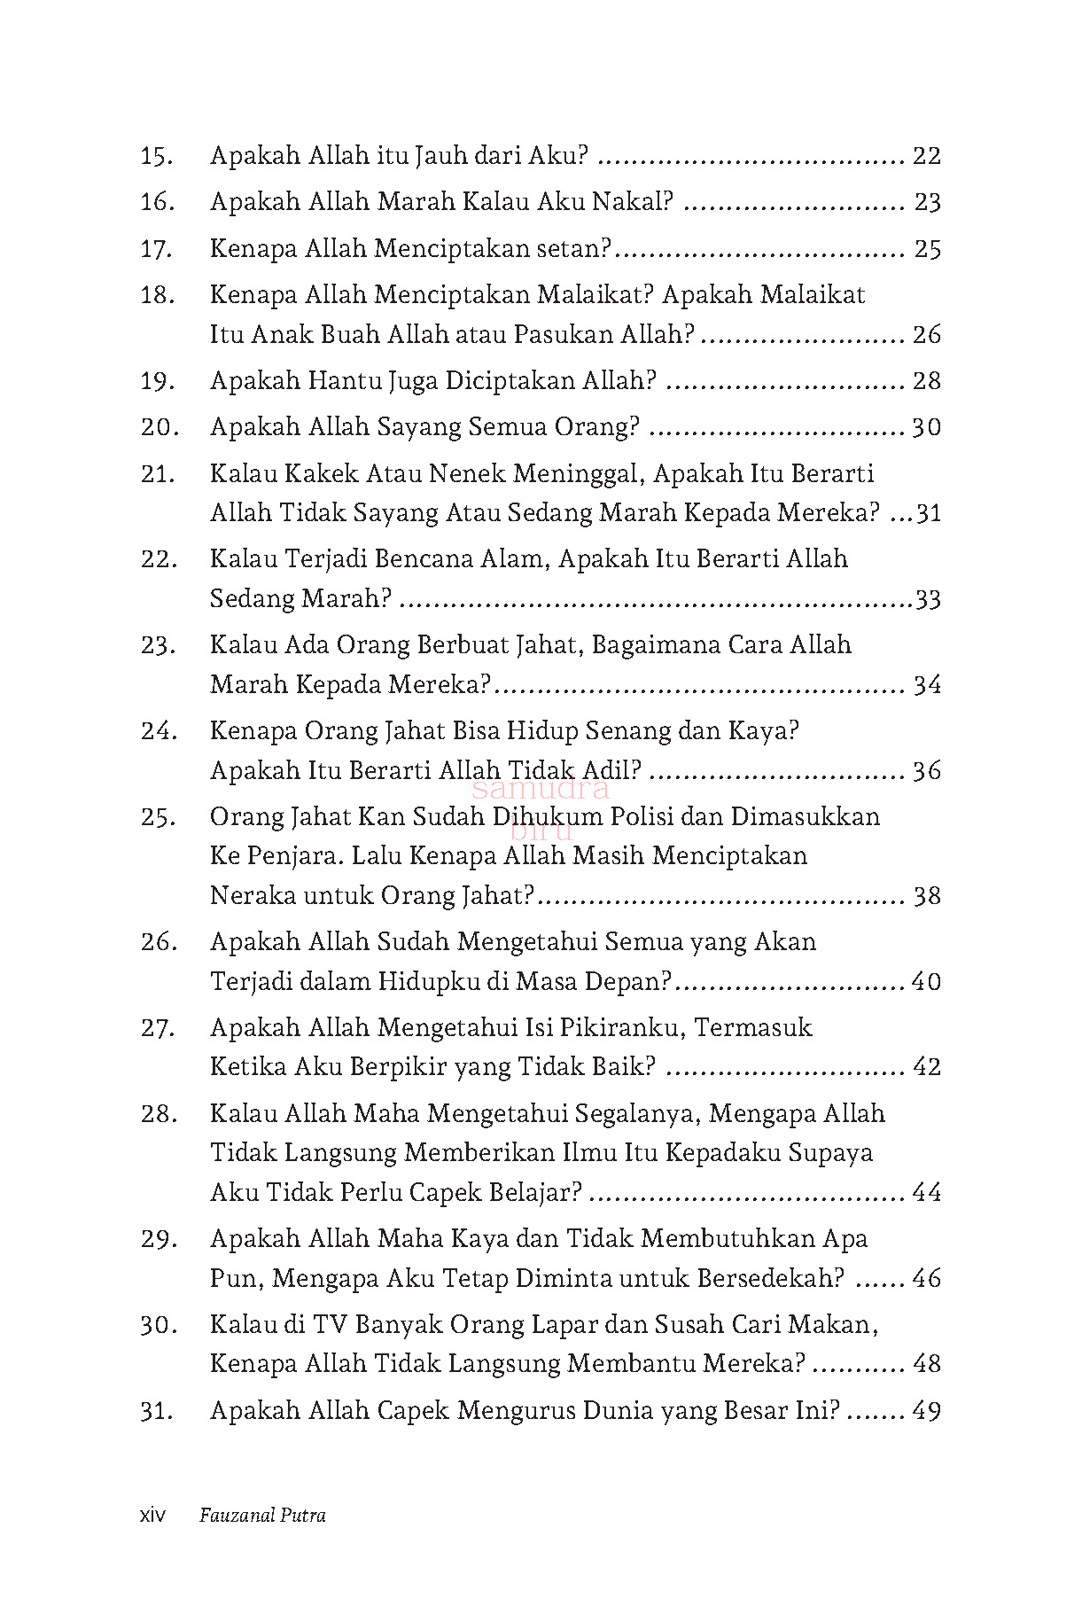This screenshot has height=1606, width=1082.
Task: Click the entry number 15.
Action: [x=156, y=157]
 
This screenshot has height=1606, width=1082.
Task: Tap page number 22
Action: [x=926, y=157]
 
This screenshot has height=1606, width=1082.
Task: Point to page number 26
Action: [x=926, y=335]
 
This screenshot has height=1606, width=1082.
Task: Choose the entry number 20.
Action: [x=159, y=428]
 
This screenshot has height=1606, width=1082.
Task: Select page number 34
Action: [x=926, y=685]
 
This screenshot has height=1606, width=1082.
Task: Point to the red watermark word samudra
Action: [x=541, y=788]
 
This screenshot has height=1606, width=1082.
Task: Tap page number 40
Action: [x=926, y=982]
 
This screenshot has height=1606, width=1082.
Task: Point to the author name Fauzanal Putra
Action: [x=262, y=1516]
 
